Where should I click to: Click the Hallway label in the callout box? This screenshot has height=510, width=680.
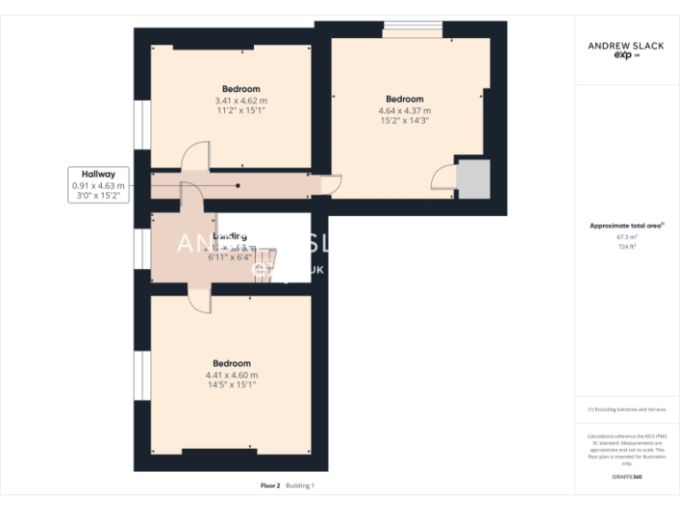[x=99, y=174]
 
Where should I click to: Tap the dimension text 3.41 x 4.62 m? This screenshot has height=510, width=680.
[x=241, y=101]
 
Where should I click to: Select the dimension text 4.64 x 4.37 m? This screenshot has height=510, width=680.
[x=405, y=111]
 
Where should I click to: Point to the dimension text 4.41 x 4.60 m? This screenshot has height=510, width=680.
[x=231, y=375]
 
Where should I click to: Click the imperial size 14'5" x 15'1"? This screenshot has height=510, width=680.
[x=231, y=385]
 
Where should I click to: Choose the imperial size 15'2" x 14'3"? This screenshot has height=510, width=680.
[x=405, y=121]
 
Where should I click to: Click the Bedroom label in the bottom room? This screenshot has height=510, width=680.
[x=231, y=363]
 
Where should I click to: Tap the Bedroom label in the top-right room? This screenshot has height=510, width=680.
[x=405, y=99]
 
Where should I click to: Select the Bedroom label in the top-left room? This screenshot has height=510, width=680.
[x=241, y=89]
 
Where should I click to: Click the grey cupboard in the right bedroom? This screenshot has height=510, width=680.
[x=473, y=180]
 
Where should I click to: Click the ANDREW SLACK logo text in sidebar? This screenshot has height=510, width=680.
[x=627, y=44]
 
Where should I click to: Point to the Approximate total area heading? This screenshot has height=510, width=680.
[x=627, y=226]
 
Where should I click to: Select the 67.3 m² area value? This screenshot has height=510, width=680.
[x=627, y=237]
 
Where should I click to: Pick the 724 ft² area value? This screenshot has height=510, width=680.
[x=627, y=247]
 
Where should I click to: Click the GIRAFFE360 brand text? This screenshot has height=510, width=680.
[x=627, y=477]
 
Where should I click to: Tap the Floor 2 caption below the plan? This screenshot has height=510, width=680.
[x=270, y=486]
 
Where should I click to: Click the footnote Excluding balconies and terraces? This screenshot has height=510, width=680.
[x=627, y=410]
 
